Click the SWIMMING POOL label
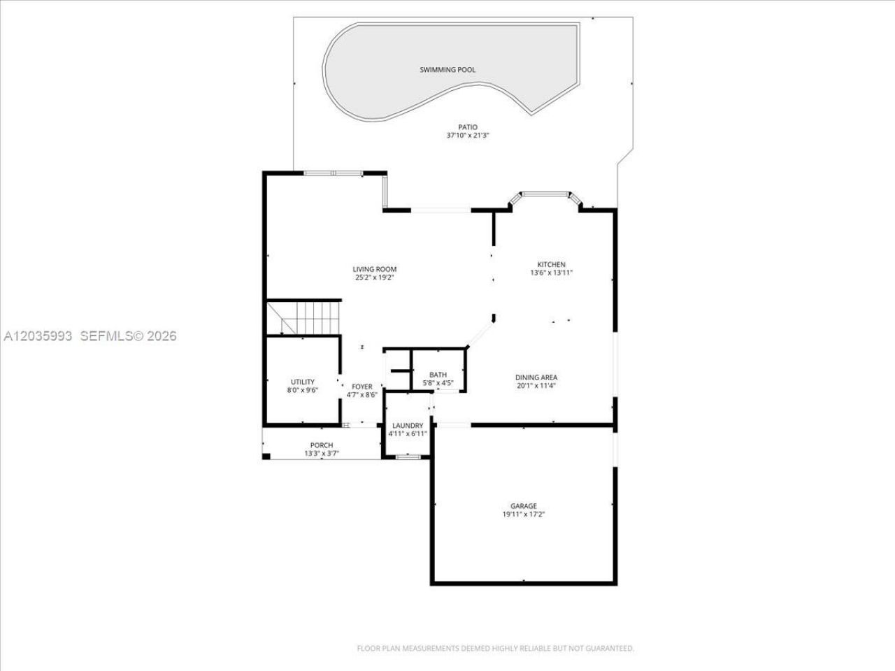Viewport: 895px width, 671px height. pos(447,70)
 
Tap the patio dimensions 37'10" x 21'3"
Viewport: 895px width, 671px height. pos(468,136)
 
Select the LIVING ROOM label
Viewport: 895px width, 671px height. pos(374,269)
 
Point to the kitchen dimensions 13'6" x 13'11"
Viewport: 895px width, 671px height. pos(551,273)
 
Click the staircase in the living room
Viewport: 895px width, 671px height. pos(303,317)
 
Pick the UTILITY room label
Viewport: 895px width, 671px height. pos(303,382)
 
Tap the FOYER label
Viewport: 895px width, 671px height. pos(362,387)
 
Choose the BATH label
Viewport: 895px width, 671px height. pos(438,375)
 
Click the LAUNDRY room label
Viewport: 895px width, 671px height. pos(408,426)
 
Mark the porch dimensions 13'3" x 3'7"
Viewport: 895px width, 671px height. pos(322,453)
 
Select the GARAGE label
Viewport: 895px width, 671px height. pos(524,505)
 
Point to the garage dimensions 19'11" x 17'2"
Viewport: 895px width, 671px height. pos(524,514)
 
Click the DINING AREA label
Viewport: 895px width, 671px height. pos(536,377)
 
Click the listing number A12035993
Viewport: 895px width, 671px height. pos(38,336)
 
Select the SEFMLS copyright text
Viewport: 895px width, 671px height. pos(129,336)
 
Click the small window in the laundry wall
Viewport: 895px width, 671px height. pos(408,456)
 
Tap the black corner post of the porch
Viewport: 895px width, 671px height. pos(266,456)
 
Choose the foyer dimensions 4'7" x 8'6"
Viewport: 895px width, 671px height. pos(362,395)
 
